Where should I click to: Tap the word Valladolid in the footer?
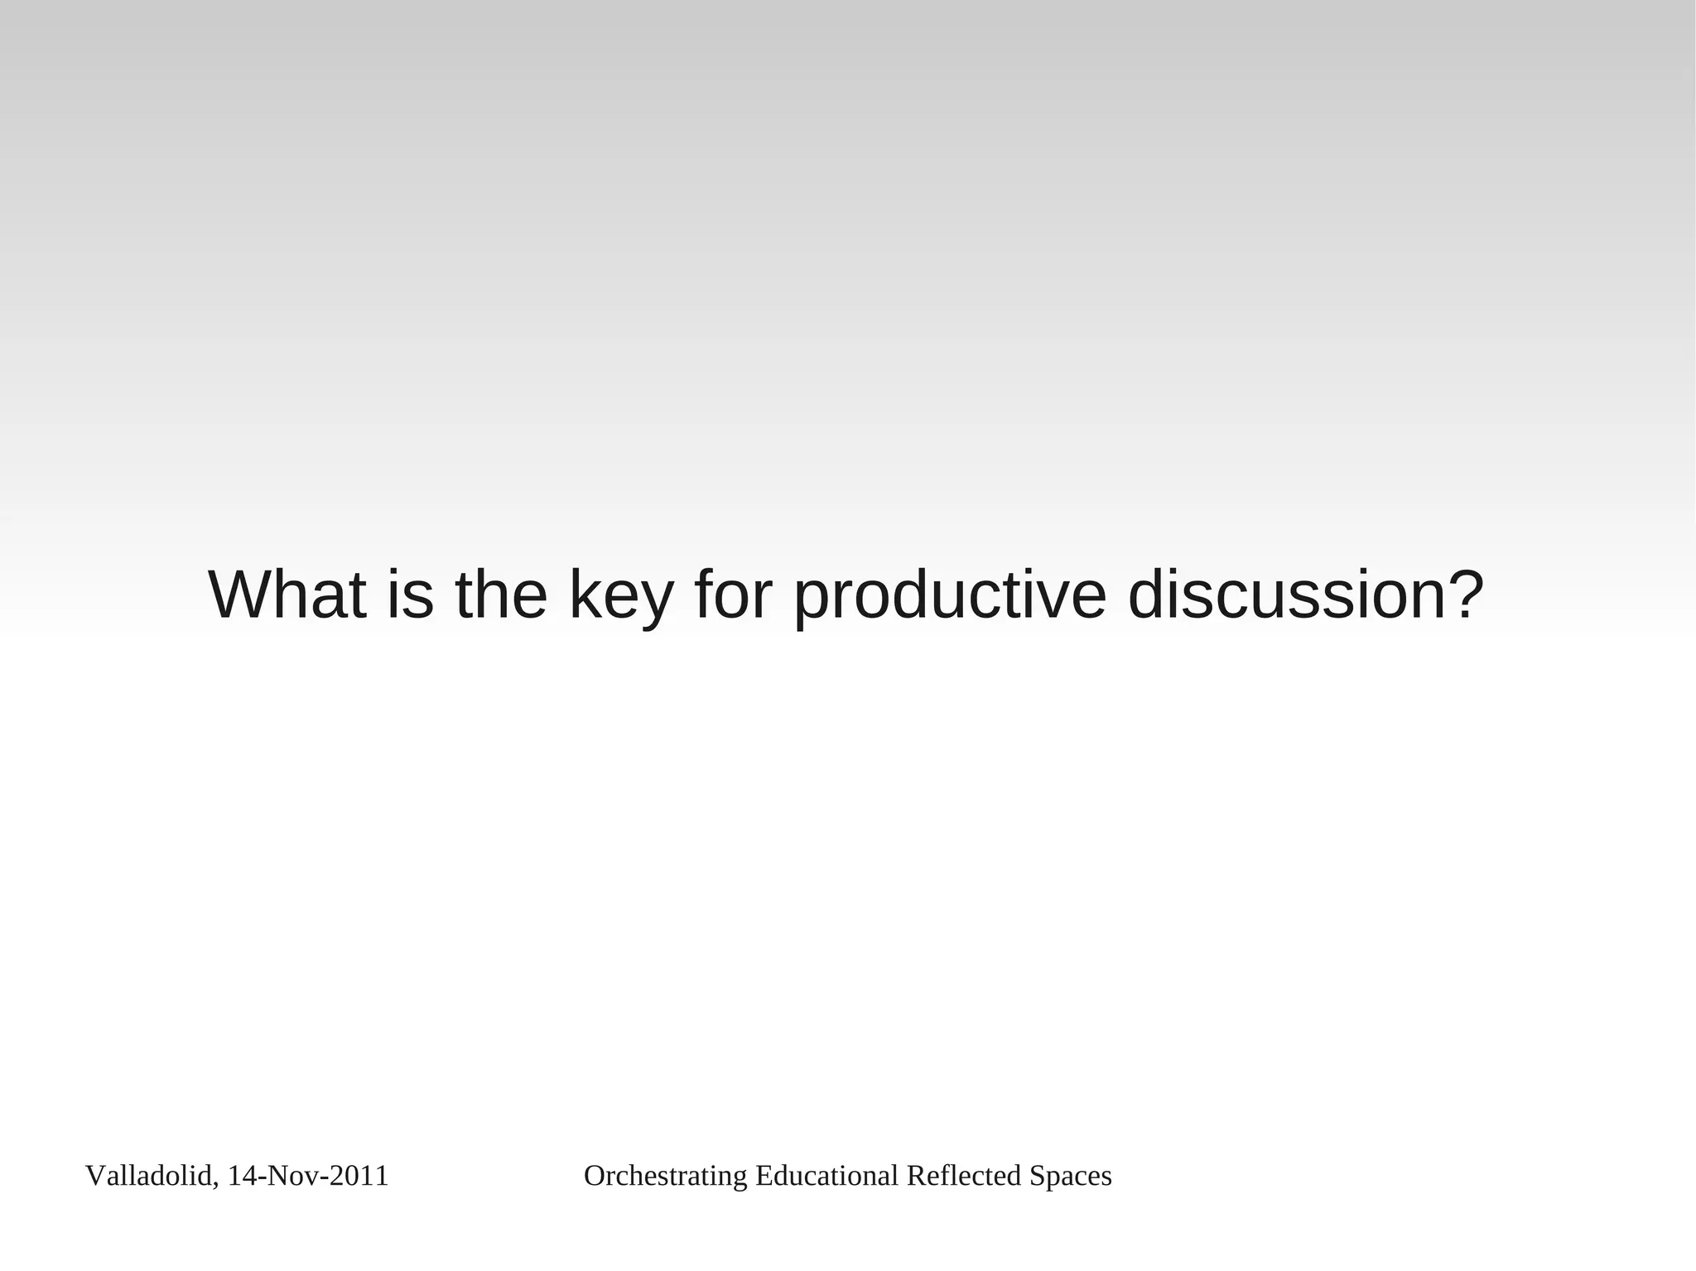pyautogui.click(x=149, y=1176)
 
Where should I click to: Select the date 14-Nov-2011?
pyautogui.click(x=308, y=1176)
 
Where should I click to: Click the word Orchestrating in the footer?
pyautogui.click(x=666, y=1176)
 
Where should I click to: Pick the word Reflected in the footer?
pyautogui.click(x=964, y=1176)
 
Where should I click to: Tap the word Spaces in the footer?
pyautogui.click(x=1071, y=1176)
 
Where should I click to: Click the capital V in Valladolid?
pyautogui.click(x=94, y=1176)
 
